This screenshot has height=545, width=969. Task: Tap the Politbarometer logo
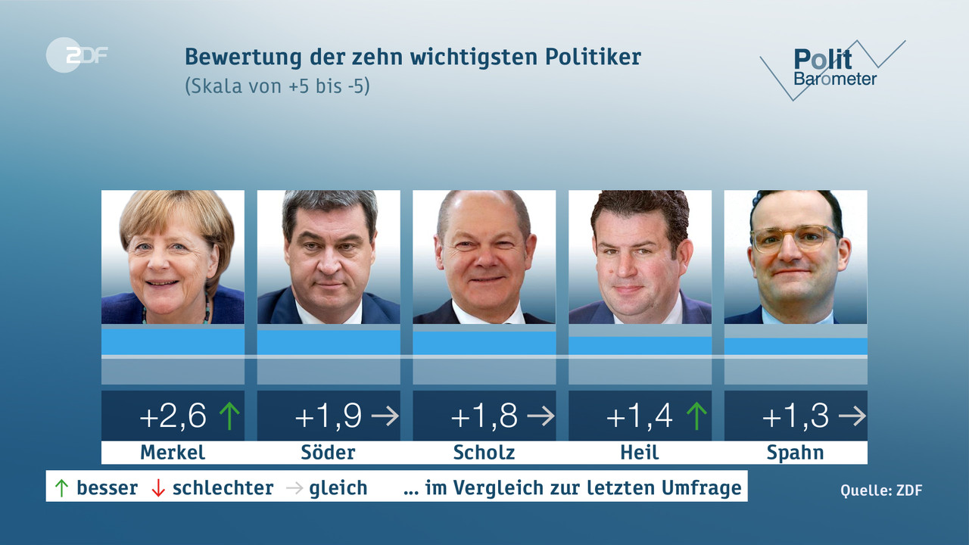(x=833, y=68)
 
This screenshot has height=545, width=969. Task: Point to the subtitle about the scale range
(x=277, y=86)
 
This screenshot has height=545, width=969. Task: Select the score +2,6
(x=173, y=416)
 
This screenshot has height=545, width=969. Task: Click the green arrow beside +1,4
(x=696, y=416)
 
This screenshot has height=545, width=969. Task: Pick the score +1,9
(x=328, y=416)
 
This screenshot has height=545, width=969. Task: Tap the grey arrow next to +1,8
(x=541, y=416)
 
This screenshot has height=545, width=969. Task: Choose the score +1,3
(x=795, y=416)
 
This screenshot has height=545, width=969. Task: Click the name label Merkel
(x=173, y=453)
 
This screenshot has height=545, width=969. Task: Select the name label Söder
(x=329, y=453)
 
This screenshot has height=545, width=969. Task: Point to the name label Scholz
(x=484, y=453)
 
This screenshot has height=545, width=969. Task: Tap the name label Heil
(x=640, y=453)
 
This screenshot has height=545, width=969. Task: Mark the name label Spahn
(x=795, y=453)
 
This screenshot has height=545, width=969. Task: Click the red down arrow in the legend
(x=158, y=488)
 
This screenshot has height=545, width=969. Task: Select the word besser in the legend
(x=107, y=488)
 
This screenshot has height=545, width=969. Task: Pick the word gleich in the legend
(x=338, y=488)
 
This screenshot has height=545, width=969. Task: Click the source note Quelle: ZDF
(x=881, y=490)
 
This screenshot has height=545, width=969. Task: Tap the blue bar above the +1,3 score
(x=796, y=346)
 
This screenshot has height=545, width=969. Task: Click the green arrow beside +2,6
(x=229, y=416)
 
